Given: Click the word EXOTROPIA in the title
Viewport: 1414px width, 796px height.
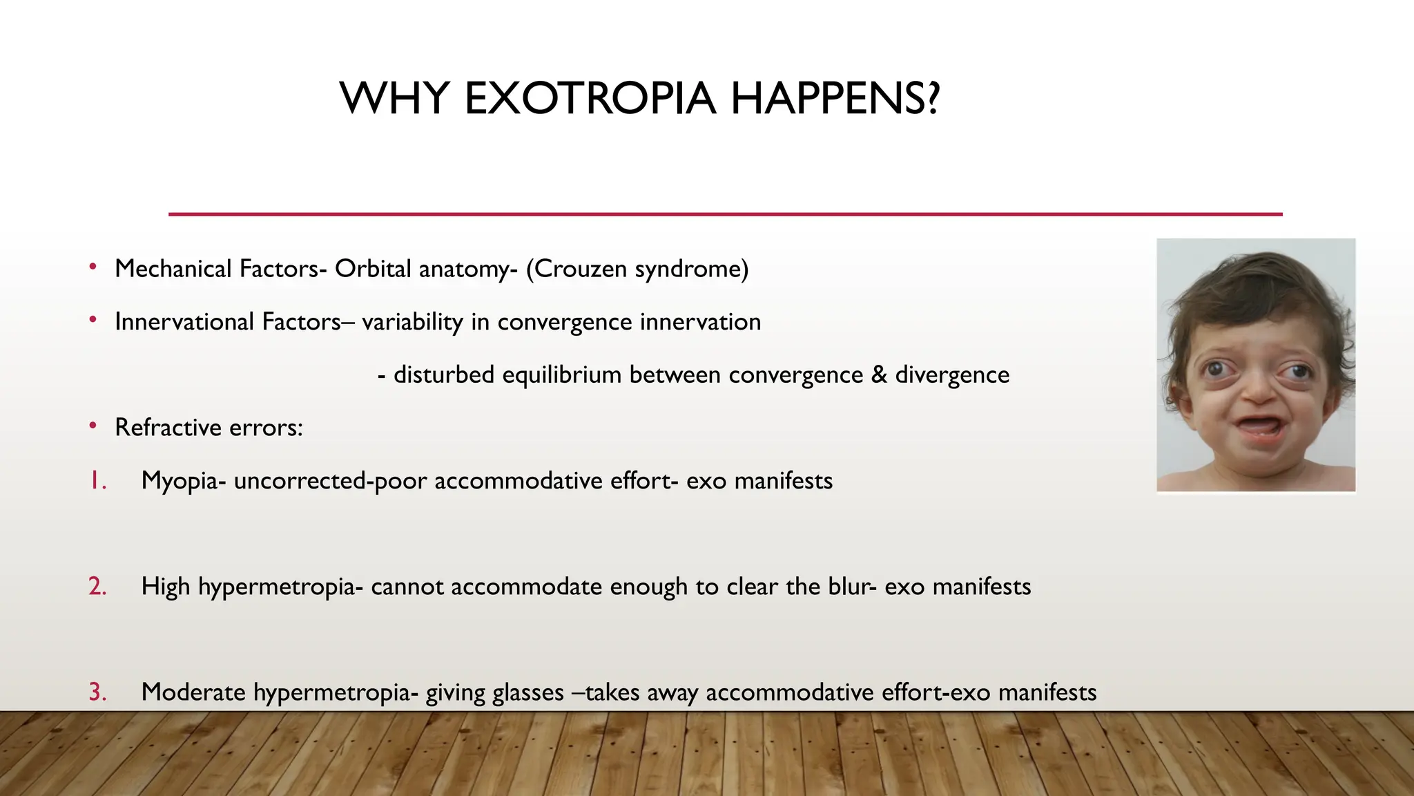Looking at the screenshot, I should click(590, 98).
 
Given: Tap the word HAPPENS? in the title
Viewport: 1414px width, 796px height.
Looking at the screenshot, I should click(835, 98).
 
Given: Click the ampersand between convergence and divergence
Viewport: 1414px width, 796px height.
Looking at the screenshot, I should click(879, 375).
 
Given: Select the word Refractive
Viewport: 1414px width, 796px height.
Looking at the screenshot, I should click(168, 428).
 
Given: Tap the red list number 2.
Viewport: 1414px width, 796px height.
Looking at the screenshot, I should click(97, 586).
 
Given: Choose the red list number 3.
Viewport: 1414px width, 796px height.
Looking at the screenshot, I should click(97, 692).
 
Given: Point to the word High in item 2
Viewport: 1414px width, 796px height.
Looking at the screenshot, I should click(166, 587).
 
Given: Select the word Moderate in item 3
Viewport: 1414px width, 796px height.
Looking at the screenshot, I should click(193, 692).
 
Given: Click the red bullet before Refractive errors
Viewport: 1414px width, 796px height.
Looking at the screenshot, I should click(93, 426).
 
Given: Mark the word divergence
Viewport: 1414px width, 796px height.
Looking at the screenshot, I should click(952, 375).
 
